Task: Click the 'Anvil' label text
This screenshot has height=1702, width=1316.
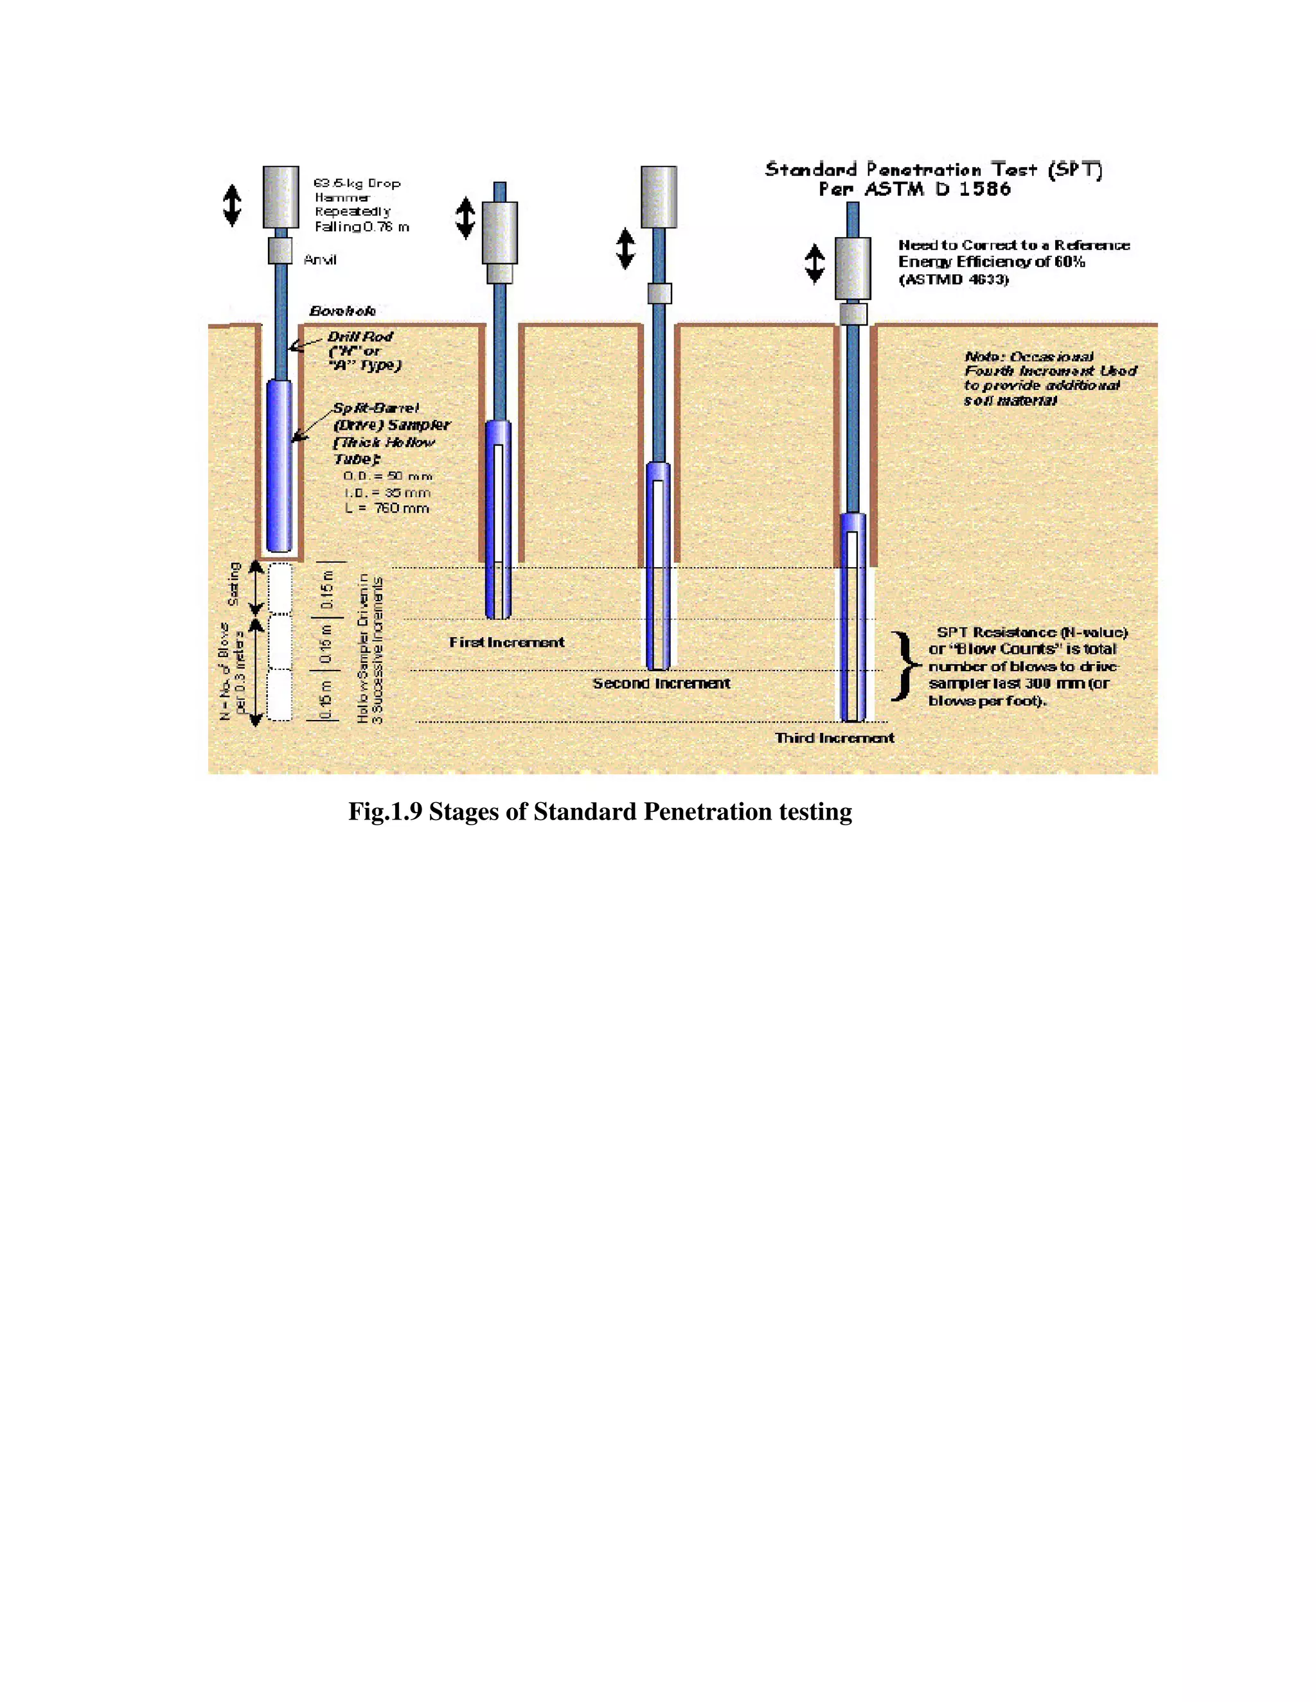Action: click(319, 260)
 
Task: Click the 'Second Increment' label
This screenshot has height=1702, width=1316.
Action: click(661, 683)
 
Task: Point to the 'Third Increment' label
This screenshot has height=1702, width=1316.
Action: click(834, 738)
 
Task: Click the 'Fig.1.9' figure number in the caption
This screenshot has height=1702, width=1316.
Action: click(384, 812)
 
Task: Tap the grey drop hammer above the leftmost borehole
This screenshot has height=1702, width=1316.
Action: click(281, 197)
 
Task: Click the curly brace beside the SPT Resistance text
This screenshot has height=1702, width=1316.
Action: click(904, 666)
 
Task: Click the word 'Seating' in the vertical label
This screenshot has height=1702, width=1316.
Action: click(234, 584)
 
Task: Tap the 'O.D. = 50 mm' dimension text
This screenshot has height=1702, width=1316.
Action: click(387, 476)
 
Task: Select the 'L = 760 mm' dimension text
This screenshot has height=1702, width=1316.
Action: click(387, 508)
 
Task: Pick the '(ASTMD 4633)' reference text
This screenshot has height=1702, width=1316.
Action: click(954, 280)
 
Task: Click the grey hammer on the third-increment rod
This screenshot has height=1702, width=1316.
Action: click(852, 268)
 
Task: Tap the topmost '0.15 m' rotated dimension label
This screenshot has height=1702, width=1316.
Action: click(328, 588)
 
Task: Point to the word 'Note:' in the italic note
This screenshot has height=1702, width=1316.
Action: click(983, 357)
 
